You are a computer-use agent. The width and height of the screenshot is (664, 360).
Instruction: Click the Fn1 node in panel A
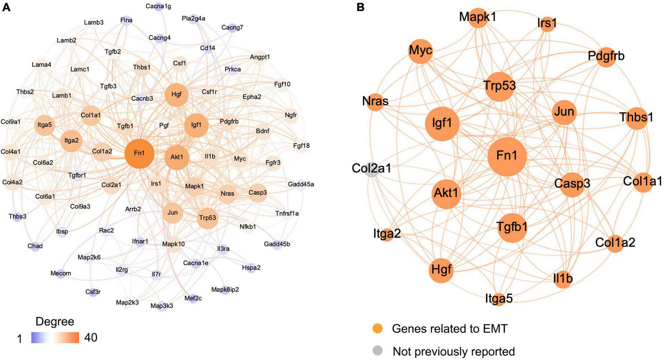(139, 154)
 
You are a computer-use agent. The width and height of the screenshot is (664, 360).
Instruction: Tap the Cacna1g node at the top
(158, 6)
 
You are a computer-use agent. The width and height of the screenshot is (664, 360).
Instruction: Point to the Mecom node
(61, 273)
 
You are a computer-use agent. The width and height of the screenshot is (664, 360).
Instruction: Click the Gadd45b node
(277, 244)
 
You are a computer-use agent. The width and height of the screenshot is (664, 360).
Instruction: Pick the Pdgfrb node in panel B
(606, 57)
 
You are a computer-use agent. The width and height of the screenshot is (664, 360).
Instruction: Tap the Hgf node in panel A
(176, 94)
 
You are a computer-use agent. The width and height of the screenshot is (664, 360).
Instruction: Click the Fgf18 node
(301, 146)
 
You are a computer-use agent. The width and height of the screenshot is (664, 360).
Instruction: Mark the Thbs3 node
(17, 217)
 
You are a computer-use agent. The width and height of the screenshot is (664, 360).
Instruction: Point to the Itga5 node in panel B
(499, 299)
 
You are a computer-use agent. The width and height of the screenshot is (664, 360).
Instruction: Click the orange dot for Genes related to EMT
(378, 329)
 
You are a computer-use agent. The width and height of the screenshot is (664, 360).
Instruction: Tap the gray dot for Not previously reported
(378, 351)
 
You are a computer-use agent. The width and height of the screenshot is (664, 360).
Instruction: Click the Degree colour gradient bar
(55, 338)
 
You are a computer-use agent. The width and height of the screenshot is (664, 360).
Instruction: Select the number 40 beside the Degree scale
(91, 338)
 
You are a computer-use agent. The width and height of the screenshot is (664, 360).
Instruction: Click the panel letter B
(360, 7)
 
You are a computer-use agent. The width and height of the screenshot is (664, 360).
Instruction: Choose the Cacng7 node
(232, 27)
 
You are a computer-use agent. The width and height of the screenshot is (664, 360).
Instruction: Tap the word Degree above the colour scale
(55, 321)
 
